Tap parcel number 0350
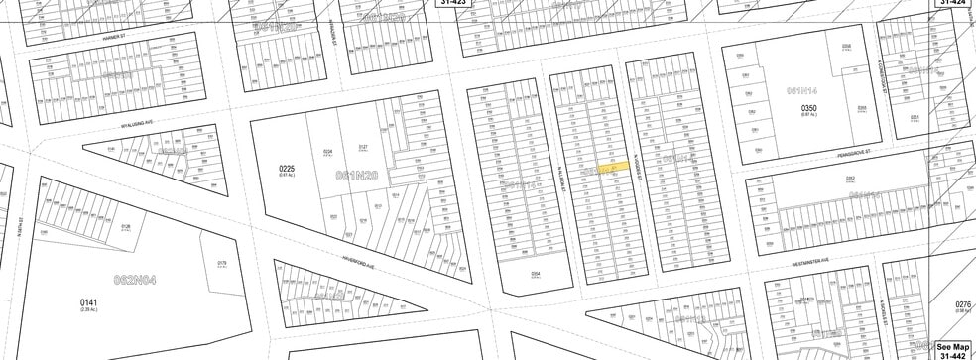[807, 107]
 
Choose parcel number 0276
[961, 304]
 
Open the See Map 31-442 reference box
[953, 350]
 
